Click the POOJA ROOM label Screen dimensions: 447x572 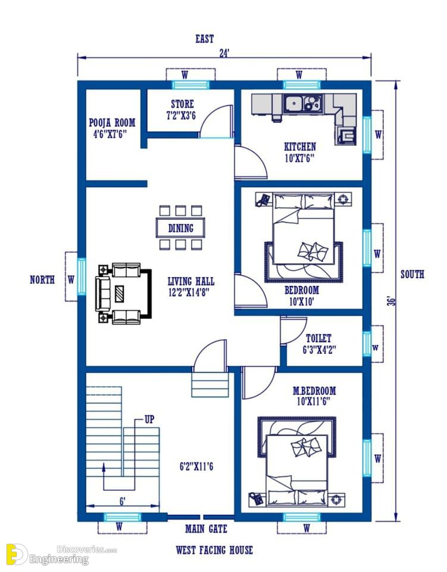112,123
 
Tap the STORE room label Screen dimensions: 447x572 183,104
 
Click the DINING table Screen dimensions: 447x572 180,228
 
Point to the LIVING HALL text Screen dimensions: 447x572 191,281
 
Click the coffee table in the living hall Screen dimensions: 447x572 119,294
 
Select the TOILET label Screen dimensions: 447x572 319,338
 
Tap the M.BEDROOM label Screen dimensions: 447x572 314,391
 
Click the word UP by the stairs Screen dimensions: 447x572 149,419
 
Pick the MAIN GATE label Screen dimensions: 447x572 206,529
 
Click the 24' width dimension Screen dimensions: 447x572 224,53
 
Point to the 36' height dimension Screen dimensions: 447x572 391,301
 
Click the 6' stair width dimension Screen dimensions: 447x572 123,502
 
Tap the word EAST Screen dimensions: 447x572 204,39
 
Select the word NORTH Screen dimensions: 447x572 42,280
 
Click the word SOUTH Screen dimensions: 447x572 412,274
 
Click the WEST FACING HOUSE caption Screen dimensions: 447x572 214,550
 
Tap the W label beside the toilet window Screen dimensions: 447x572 375,347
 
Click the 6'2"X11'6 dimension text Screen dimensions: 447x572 196,466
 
